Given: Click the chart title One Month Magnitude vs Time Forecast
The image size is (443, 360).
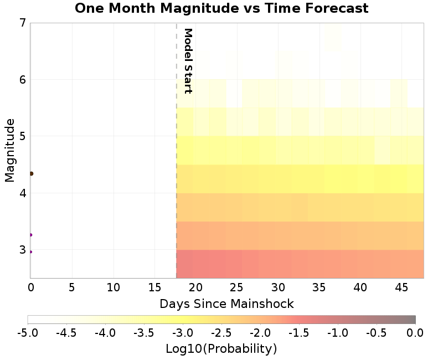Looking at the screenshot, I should [221, 8].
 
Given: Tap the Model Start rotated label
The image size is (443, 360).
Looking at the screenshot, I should [188, 61].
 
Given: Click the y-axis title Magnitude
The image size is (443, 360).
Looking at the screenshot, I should [9, 150].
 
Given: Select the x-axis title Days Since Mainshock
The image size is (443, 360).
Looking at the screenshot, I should [226, 304].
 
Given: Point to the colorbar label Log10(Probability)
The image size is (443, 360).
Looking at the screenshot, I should [221, 349].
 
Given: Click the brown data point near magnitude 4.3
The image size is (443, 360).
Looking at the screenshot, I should [31, 173].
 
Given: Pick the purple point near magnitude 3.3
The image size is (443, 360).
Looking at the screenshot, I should [30, 235].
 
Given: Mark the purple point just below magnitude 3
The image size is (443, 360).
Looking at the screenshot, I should [30, 251].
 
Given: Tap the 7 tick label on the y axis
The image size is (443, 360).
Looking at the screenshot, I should [22, 23].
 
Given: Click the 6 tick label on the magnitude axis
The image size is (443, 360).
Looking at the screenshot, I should [22, 80].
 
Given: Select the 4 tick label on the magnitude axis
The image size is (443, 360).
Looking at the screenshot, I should [22, 193].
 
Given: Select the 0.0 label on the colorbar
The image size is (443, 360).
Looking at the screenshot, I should [415, 332].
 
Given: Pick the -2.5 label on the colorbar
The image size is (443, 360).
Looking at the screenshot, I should [221, 332].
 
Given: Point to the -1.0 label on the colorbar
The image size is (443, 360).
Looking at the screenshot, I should [337, 332].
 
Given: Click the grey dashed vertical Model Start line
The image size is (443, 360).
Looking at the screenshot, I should [176, 166].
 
